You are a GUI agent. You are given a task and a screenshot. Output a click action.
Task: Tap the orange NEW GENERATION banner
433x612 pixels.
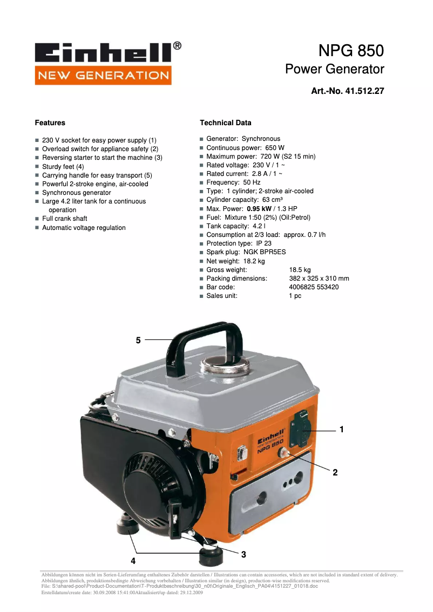tap(103, 75)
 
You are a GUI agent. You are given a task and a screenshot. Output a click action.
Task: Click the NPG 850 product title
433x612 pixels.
tap(351, 51)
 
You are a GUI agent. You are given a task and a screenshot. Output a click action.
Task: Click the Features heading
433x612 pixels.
tap(50, 123)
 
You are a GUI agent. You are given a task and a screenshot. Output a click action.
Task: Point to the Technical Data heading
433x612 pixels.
tap(225, 123)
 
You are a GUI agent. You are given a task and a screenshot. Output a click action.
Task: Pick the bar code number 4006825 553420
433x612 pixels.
tap(314, 287)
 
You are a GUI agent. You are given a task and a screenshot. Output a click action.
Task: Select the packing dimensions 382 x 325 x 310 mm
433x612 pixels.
tap(319, 278)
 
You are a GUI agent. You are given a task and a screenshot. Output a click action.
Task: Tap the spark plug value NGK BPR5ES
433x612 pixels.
tap(265, 252)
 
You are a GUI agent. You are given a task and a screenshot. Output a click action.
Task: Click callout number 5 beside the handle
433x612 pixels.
tap(138, 340)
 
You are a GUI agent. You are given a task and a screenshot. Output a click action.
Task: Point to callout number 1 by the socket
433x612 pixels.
tap(342, 430)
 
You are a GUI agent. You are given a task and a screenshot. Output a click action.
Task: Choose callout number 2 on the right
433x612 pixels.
tap(335, 472)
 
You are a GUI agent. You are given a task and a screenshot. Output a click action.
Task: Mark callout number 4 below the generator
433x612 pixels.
tap(133, 560)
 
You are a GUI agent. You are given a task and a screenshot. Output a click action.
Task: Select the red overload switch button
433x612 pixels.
tap(282, 454)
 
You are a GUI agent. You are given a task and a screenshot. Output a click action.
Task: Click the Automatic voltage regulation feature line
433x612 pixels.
tap(84, 228)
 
